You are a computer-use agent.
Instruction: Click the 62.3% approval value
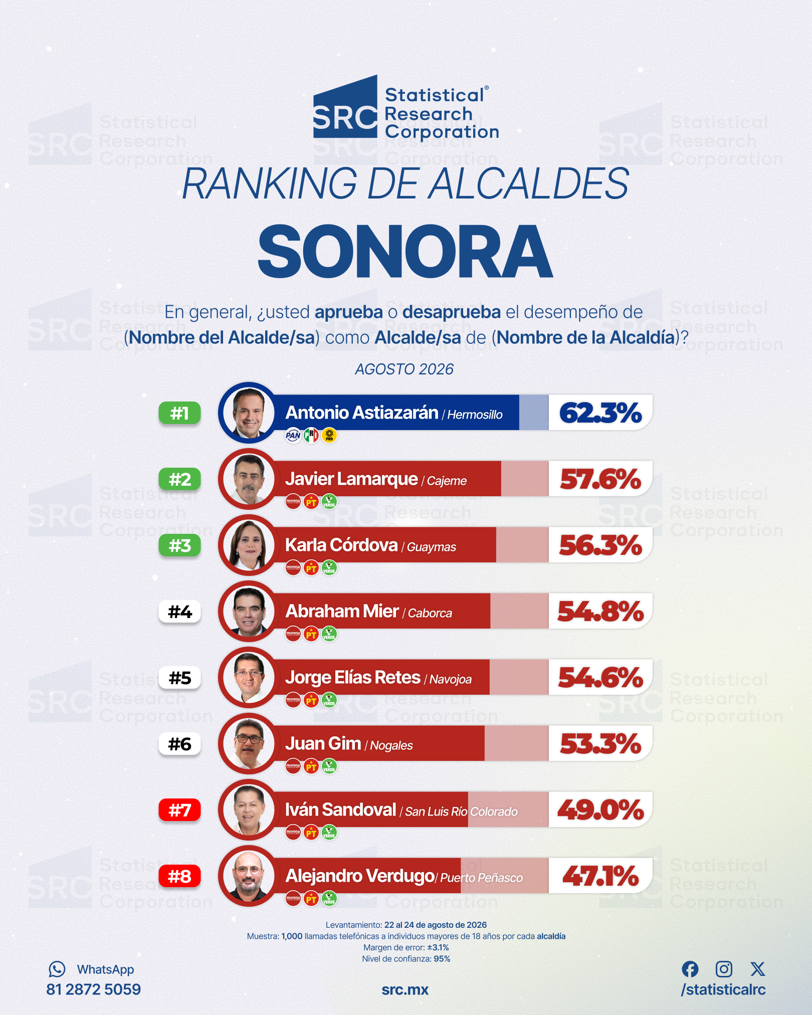tap(600, 413)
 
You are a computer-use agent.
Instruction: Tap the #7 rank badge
tap(180, 810)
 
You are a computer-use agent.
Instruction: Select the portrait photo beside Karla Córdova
tap(249, 545)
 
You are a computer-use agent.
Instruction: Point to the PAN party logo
tap(293, 436)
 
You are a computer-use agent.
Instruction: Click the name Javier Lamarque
tap(351, 479)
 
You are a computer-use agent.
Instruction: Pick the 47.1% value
tap(600, 876)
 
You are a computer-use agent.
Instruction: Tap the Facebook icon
tap(690, 969)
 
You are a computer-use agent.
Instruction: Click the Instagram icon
tap(724, 969)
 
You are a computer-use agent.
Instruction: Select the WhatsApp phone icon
tap(57, 969)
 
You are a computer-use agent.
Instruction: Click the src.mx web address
tap(405, 990)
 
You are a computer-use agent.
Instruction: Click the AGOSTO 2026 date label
tap(404, 369)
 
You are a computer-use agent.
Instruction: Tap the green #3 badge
tap(180, 545)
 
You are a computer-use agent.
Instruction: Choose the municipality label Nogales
tap(391, 746)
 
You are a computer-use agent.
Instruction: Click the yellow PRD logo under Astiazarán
tap(329, 436)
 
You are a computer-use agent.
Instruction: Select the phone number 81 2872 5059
tap(93, 989)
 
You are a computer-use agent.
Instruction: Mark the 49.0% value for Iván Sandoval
tap(600, 810)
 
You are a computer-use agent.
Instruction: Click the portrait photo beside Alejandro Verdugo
tap(249, 876)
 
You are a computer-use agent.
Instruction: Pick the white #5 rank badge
tap(180, 678)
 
